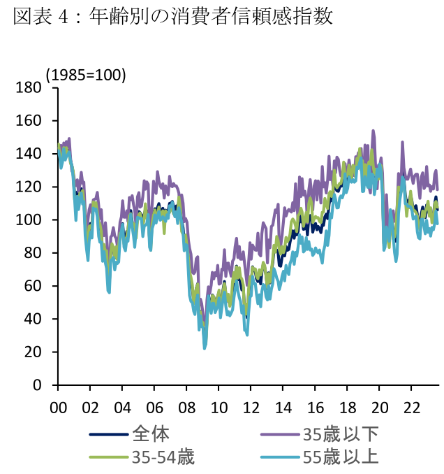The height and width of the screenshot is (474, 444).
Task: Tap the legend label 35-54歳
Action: point(162,458)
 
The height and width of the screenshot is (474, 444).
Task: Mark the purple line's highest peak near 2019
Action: point(373,131)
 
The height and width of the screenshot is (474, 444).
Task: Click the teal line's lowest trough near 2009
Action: point(205,347)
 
